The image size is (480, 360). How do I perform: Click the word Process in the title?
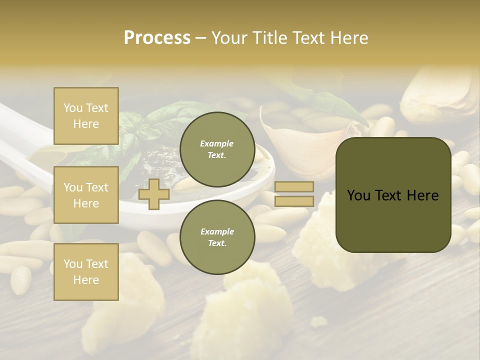157,38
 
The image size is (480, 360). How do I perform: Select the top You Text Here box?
86,116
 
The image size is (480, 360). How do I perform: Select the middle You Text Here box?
86,195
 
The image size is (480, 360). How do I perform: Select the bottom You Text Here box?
86,272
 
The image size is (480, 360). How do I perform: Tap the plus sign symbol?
153,194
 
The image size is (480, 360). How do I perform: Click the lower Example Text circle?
217,237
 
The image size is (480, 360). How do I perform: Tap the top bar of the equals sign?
294,187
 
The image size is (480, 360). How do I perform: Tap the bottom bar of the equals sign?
294,201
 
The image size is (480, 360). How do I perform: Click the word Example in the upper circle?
217,143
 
